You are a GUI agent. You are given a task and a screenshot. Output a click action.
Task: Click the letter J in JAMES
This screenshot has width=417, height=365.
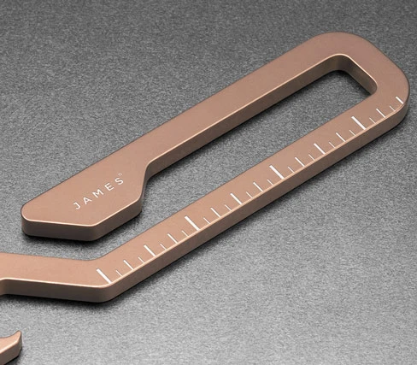coord(77,206)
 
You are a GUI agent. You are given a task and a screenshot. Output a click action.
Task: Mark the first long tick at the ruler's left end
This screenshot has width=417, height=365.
coord(103,275)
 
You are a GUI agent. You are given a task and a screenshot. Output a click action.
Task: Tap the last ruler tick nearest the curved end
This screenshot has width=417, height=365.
coord(400,100)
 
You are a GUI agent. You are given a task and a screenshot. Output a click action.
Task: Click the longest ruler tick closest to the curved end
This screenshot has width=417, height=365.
coord(358,122)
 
